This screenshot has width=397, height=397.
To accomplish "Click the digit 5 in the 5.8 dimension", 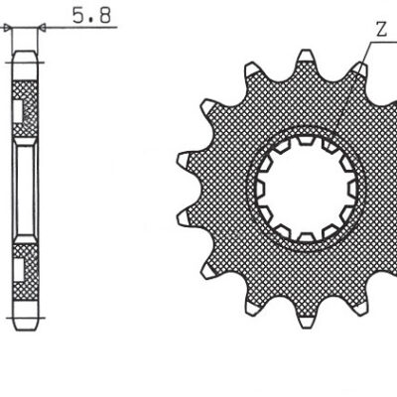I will coord(78,15).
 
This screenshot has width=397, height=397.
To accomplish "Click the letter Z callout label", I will coord(381,30).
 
